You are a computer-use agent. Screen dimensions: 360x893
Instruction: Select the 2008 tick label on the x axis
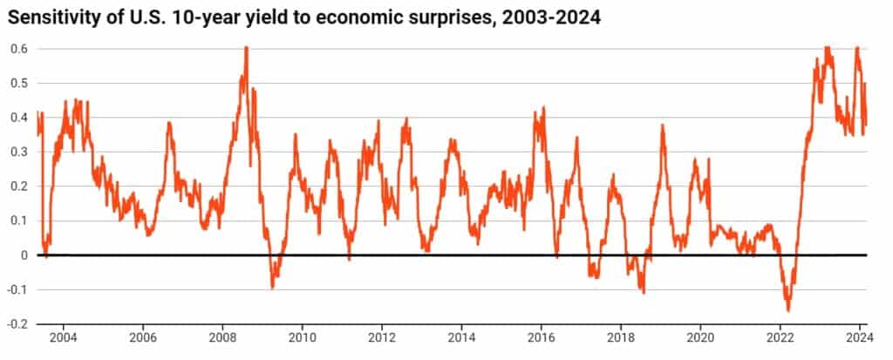pyautogui.click(x=223, y=336)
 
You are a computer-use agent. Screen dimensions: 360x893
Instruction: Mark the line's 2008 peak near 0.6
pyautogui.click(x=246, y=48)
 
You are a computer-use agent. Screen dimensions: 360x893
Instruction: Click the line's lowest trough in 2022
pyautogui.click(x=788, y=310)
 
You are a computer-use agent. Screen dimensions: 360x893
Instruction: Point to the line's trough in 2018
pyautogui.click(x=644, y=292)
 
